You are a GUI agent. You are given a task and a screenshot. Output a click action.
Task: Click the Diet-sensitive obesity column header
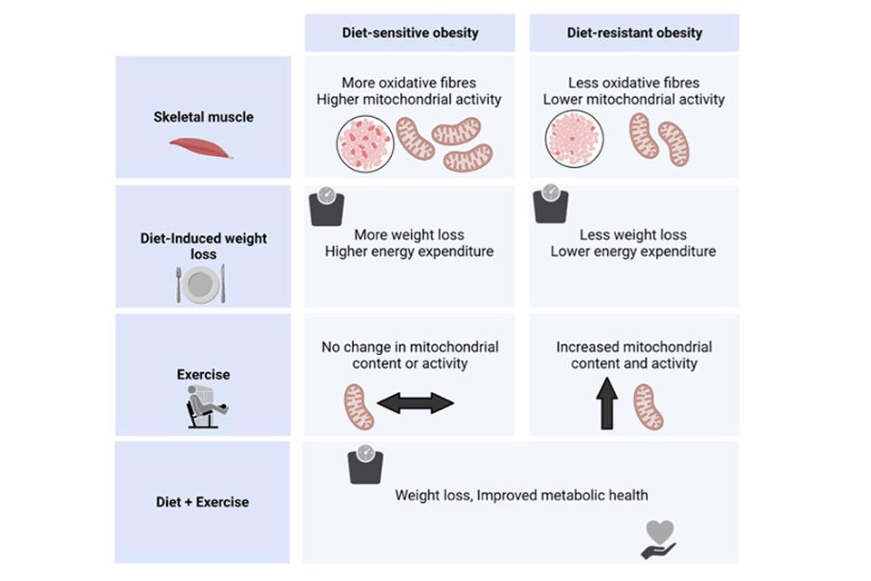pos(409,33)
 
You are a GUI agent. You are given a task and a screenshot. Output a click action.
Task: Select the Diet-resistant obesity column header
pos(634,33)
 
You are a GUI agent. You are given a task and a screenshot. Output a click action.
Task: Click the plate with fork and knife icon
pos(201,284)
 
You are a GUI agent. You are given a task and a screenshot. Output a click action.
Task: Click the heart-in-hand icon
pos(659,539)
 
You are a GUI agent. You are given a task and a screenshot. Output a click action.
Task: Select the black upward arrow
pos(607,404)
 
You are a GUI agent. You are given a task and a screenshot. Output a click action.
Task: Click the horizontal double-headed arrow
pos(415,402)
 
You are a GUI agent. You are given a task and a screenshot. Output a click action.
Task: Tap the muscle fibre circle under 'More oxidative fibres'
pos(365,143)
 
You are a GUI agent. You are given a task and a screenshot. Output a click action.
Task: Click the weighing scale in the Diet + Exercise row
pos(366,464)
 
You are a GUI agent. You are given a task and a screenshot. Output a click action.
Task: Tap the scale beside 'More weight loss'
pos(327,207)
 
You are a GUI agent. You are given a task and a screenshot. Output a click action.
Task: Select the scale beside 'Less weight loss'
pos(550,205)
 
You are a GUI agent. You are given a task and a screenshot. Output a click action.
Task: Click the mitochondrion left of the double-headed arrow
pos(359,406)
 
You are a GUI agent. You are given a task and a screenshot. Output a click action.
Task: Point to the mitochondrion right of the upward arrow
pos(648,406)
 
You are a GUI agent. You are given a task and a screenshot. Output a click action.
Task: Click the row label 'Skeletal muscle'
pos(203,117)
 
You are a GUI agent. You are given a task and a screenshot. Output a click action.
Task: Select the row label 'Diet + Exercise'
pos(202,502)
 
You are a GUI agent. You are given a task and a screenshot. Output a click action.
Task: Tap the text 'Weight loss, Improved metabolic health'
pos(522,495)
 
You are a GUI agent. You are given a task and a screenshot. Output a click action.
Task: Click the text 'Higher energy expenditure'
pos(409,251)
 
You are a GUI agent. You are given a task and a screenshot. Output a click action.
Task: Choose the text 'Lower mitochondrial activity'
pos(634,99)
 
